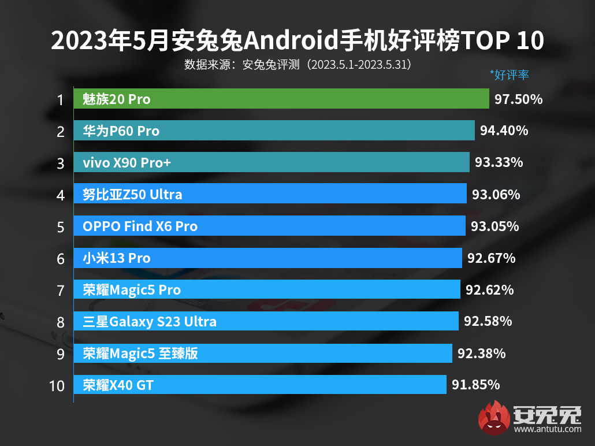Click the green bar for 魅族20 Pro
[281, 99]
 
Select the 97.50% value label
[518, 99]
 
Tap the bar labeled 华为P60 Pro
[274, 131]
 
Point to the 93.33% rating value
[499, 163]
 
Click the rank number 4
[61, 195]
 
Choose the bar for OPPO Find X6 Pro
[269, 226]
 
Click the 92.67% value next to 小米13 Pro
[491, 258]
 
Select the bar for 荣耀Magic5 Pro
[267, 289]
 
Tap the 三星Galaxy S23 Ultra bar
[266, 321]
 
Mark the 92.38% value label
[481, 353]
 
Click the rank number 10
[57, 385]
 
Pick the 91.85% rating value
[475, 385]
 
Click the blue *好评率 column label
[509, 75]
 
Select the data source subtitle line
[297, 64]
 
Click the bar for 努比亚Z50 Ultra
[270, 194]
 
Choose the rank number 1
[60, 100]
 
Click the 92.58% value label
[488, 321]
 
